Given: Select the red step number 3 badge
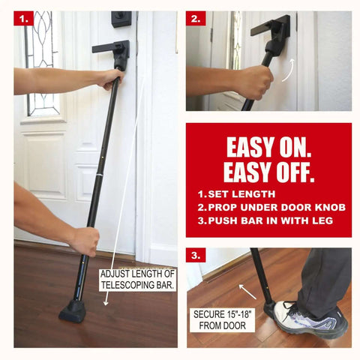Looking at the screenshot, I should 196,256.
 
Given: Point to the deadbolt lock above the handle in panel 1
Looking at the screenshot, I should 121,19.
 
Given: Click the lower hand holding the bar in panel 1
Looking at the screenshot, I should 84,241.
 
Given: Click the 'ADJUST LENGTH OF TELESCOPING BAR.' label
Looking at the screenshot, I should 137,280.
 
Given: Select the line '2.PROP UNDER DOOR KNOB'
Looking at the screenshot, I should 261,208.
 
